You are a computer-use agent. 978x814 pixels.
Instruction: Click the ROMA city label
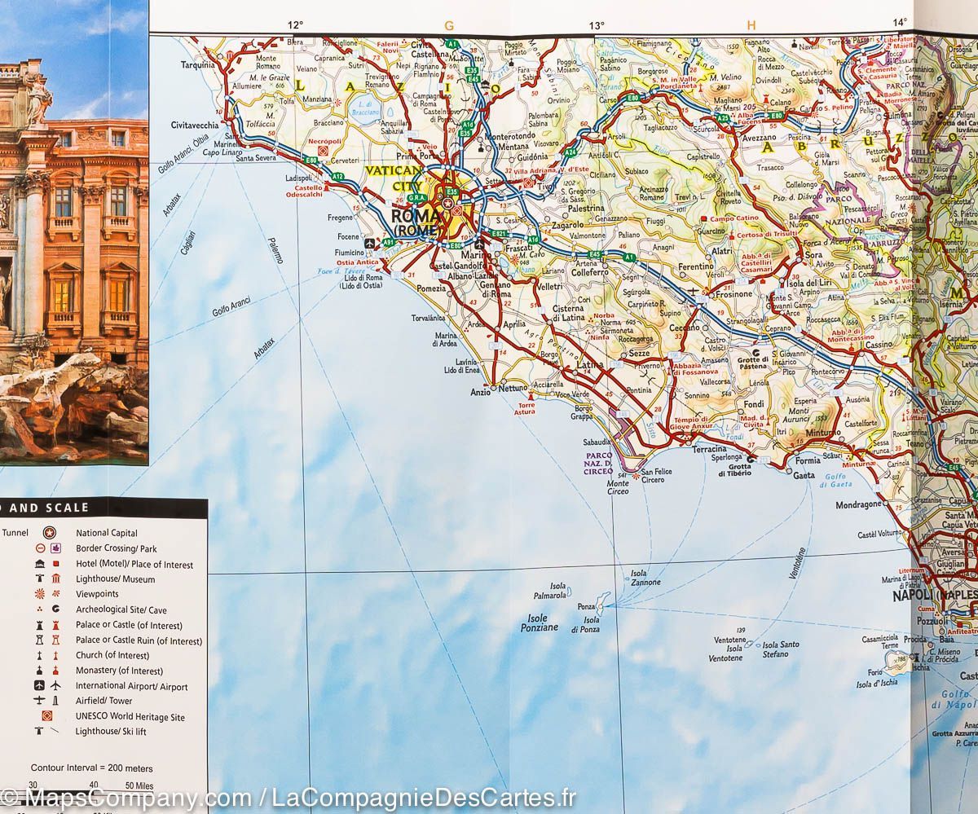416,217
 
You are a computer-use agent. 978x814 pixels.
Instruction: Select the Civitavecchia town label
195,125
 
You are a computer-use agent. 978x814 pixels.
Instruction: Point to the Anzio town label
481,392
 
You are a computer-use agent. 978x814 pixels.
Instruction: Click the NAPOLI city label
910,596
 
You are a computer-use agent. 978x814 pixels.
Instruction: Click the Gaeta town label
804,475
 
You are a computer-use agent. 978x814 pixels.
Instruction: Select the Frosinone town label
733,294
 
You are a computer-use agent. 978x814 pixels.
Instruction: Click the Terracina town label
709,449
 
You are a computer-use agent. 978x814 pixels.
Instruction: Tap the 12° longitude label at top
295,25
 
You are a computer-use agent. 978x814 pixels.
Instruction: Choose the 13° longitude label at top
597,25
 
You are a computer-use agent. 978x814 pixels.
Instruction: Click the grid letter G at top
448,25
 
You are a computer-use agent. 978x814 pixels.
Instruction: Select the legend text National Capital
107,533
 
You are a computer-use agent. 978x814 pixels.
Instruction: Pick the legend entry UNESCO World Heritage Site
130,717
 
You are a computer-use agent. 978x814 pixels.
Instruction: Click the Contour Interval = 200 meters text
91,768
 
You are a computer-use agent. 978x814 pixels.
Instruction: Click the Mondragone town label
859,505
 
